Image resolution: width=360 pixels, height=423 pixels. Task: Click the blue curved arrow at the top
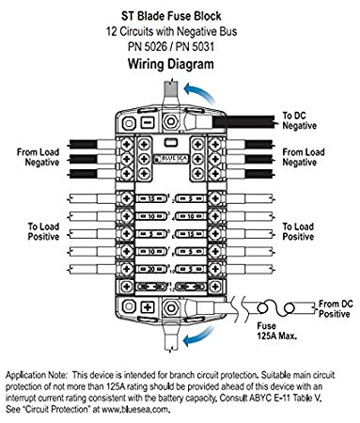[x=194, y=89]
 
